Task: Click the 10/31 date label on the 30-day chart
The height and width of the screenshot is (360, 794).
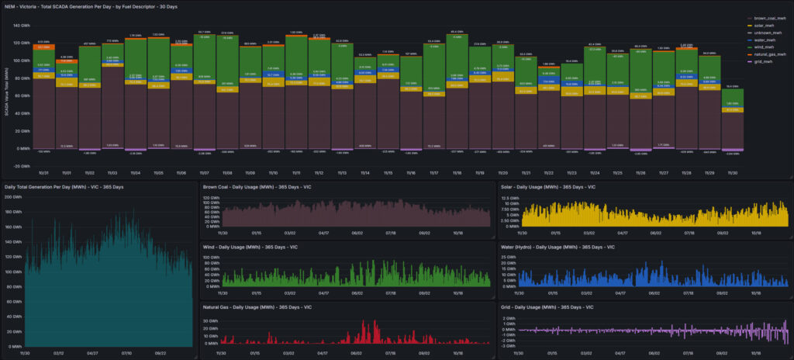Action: (43, 152)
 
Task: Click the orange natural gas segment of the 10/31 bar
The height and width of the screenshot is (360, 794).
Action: (43, 47)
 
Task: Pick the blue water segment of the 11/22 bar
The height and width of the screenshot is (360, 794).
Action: (548, 81)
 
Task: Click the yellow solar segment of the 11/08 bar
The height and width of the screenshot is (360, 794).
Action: (228, 89)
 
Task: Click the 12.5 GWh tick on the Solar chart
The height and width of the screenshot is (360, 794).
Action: (509, 199)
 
